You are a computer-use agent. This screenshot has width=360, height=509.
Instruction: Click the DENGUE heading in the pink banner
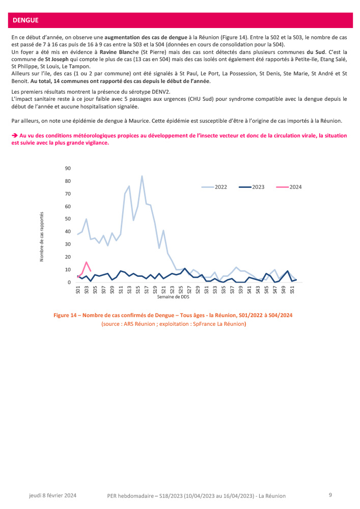coord(25,20)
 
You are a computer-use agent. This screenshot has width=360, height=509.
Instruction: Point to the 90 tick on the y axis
coord(68,168)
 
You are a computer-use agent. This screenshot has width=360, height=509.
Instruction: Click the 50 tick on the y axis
coord(68,219)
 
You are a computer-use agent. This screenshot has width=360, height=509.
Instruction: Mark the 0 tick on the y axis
coord(69,282)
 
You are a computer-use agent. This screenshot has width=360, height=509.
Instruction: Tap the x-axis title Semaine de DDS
coord(174,297)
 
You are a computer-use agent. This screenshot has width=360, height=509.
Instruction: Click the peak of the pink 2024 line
coord(87,262)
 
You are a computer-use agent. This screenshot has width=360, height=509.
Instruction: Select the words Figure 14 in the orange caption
coord(67,316)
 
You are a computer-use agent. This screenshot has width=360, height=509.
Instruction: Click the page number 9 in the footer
coord(330,495)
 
